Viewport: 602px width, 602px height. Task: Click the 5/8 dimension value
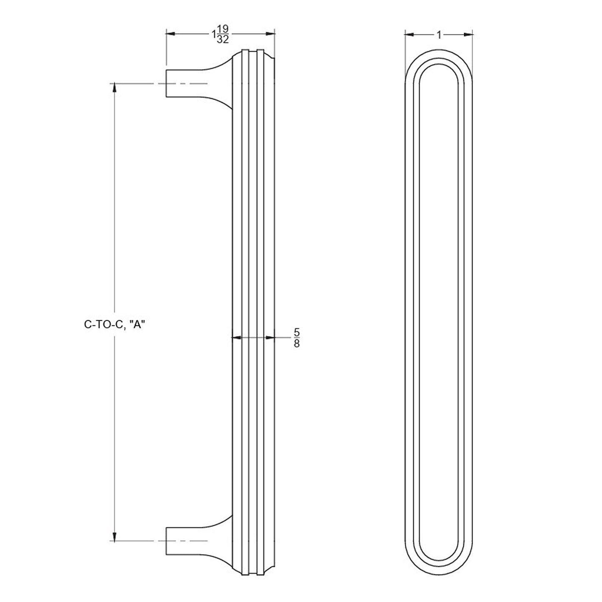pyautogui.click(x=297, y=338)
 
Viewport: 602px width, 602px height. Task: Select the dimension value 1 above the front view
pyautogui.click(x=439, y=35)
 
